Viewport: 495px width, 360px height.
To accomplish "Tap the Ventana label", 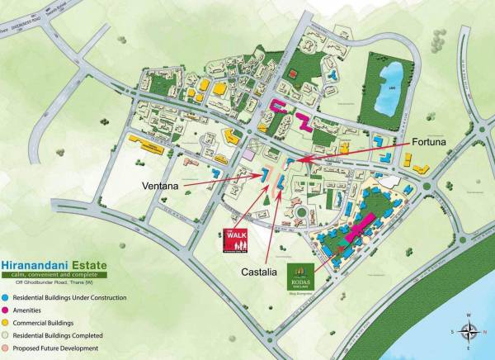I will tap(162, 187).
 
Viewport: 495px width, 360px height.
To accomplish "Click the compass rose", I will tap(469, 332).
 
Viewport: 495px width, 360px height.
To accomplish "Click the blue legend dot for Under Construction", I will tap(6, 296).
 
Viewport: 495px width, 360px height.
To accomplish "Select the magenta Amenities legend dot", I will tap(6, 310).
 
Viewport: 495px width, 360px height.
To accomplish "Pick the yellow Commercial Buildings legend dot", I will tap(6, 323).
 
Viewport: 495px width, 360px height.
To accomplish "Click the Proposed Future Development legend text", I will tap(57, 348).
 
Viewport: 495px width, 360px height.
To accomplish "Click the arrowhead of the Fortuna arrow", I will tap(296, 159).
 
